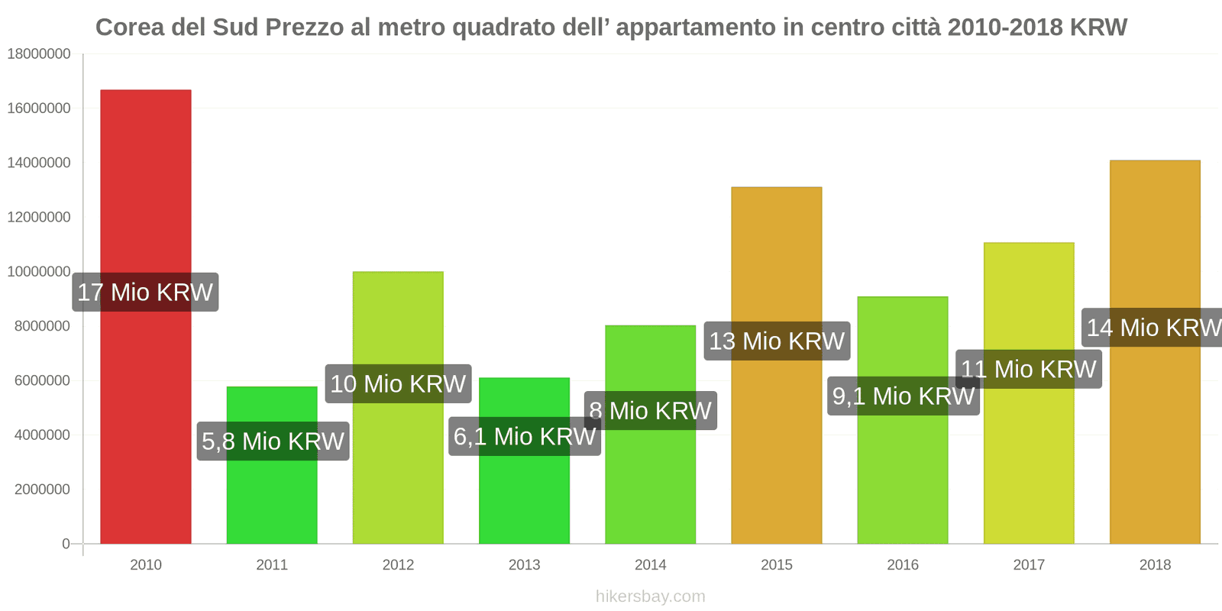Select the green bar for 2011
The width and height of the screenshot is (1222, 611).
(x=272, y=496)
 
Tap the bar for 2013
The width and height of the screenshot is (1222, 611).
(x=524, y=496)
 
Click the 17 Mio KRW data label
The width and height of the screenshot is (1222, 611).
(x=145, y=292)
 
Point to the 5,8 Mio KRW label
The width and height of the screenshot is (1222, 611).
(x=273, y=441)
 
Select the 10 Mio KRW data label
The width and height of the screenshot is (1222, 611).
(x=398, y=383)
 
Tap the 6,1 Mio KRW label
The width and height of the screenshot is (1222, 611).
(x=524, y=436)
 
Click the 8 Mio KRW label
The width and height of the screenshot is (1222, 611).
(x=650, y=411)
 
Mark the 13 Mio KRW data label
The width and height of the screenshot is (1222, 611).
(x=777, y=341)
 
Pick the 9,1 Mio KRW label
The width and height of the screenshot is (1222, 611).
(x=903, y=396)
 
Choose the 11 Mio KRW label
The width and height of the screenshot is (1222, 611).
(x=1028, y=369)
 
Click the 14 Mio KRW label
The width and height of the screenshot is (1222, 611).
(x=1153, y=328)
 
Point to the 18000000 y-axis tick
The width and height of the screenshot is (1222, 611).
(x=39, y=54)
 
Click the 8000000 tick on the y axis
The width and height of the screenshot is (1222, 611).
(x=42, y=326)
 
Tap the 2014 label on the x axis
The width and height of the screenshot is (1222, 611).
(x=650, y=564)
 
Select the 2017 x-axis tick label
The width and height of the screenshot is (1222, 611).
(x=1028, y=564)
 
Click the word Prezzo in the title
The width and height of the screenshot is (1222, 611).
(x=305, y=27)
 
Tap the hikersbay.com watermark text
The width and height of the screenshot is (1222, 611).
(x=650, y=596)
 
